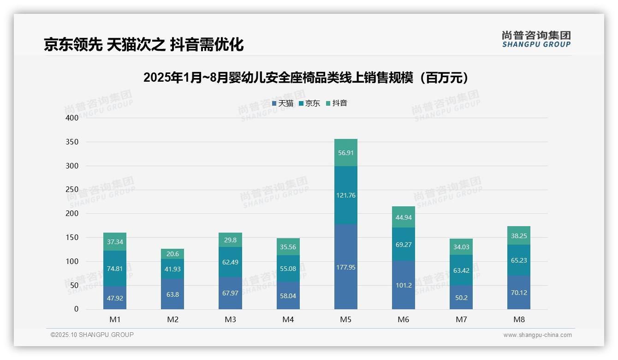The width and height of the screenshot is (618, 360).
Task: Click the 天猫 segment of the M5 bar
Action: coord(345,267)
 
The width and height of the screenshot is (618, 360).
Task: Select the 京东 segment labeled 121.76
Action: coord(345,195)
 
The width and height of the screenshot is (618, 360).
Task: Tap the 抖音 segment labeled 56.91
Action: coord(345,153)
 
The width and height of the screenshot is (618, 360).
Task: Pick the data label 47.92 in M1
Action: coord(115,298)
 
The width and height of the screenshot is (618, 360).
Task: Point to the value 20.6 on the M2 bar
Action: coord(172,254)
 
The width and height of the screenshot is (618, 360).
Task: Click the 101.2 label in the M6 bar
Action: coord(404,285)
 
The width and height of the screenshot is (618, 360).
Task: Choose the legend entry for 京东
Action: coord(309,103)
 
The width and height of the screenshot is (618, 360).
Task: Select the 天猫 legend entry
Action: coord(283,103)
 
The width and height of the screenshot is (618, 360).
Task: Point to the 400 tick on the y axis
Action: coord(72,118)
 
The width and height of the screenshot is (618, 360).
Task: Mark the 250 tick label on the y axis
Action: coord(72,190)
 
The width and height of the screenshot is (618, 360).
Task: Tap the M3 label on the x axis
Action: coord(230,319)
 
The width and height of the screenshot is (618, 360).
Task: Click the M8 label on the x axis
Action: coord(519,319)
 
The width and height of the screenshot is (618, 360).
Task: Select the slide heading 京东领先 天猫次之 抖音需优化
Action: coord(143,45)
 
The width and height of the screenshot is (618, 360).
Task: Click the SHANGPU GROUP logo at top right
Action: coord(536,39)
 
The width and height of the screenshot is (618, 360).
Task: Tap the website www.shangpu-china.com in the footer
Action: coord(537,335)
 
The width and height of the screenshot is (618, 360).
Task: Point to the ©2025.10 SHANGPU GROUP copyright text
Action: coord(92,335)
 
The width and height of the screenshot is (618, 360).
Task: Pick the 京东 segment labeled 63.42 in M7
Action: coord(461,270)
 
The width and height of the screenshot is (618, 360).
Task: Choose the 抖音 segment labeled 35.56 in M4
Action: coord(288,247)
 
